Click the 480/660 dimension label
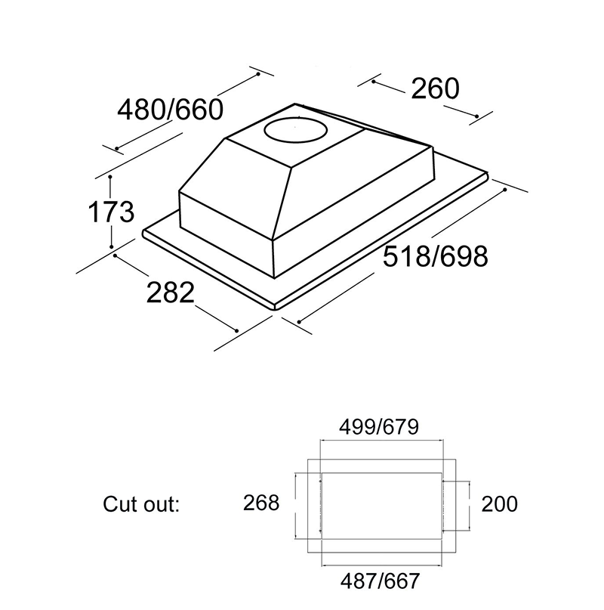tap(171, 110)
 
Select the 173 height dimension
tap(111, 212)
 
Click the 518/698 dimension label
tap(435, 256)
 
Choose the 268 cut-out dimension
tap(261, 503)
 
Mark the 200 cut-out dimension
tap(499, 503)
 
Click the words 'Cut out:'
tap(141, 503)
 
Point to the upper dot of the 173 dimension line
tap(111, 177)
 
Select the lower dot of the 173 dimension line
tap(111, 246)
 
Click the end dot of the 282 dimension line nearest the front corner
tap(237, 330)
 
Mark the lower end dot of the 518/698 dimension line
tap(300, 323)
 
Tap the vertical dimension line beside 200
tap(469, 503)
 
